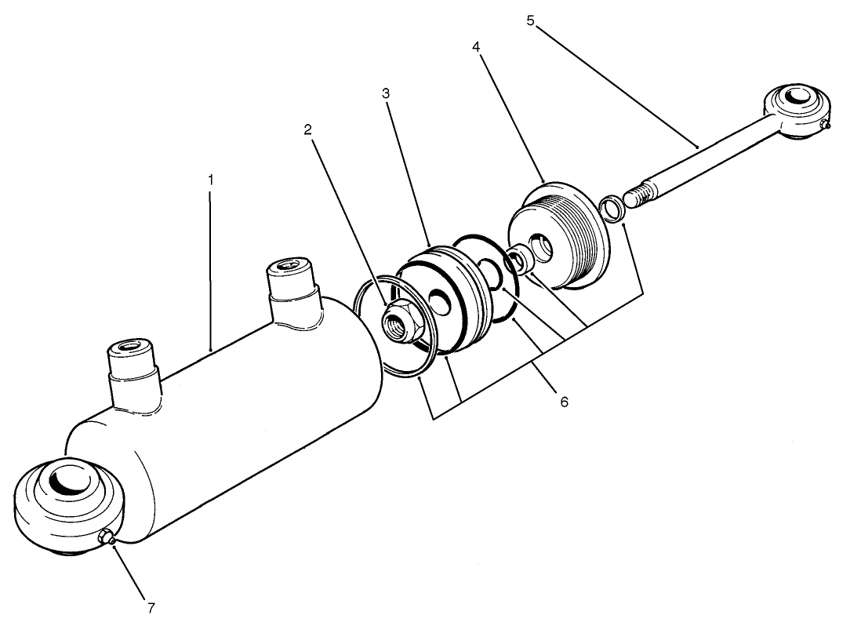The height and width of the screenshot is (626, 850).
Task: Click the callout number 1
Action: [x=210, y=180]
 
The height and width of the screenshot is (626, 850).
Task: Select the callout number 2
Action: [x=308, y=129]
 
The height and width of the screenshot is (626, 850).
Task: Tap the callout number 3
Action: [x=386, y=93]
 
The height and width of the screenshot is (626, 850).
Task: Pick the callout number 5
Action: [x=530, y=20]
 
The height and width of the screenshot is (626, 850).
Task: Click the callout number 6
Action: [x=563, y=402]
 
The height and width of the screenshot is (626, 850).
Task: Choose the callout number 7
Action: [x=151, y=606]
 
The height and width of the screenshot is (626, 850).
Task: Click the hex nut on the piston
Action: [x=397, y=319]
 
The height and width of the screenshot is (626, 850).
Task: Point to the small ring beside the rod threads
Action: [x=611, y=209]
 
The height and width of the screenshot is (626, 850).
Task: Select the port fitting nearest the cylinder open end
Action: [x=293, y=286]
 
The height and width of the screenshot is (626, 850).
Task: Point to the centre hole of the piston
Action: [x=448, y=299]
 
